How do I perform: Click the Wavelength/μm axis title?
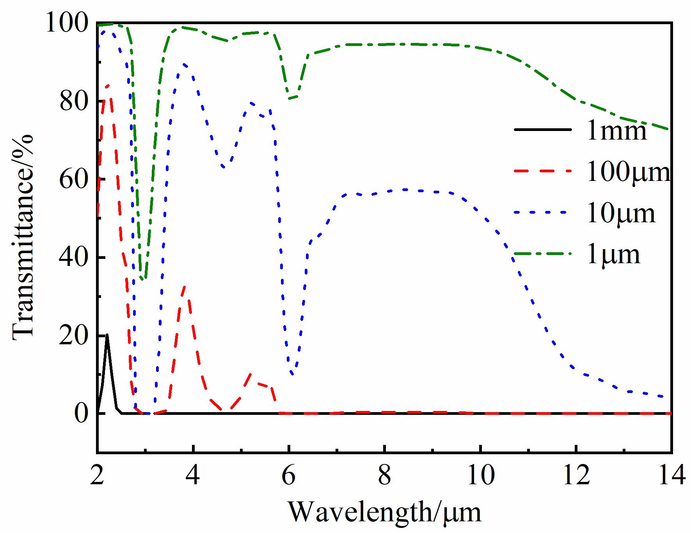pos(384,512)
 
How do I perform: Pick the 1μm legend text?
pos(614,254)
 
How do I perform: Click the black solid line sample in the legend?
pos(543,129)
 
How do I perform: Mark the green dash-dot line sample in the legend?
pos(543,253)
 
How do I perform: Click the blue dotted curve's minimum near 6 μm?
pos(292,375)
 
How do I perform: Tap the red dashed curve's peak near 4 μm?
pos(184,287)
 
